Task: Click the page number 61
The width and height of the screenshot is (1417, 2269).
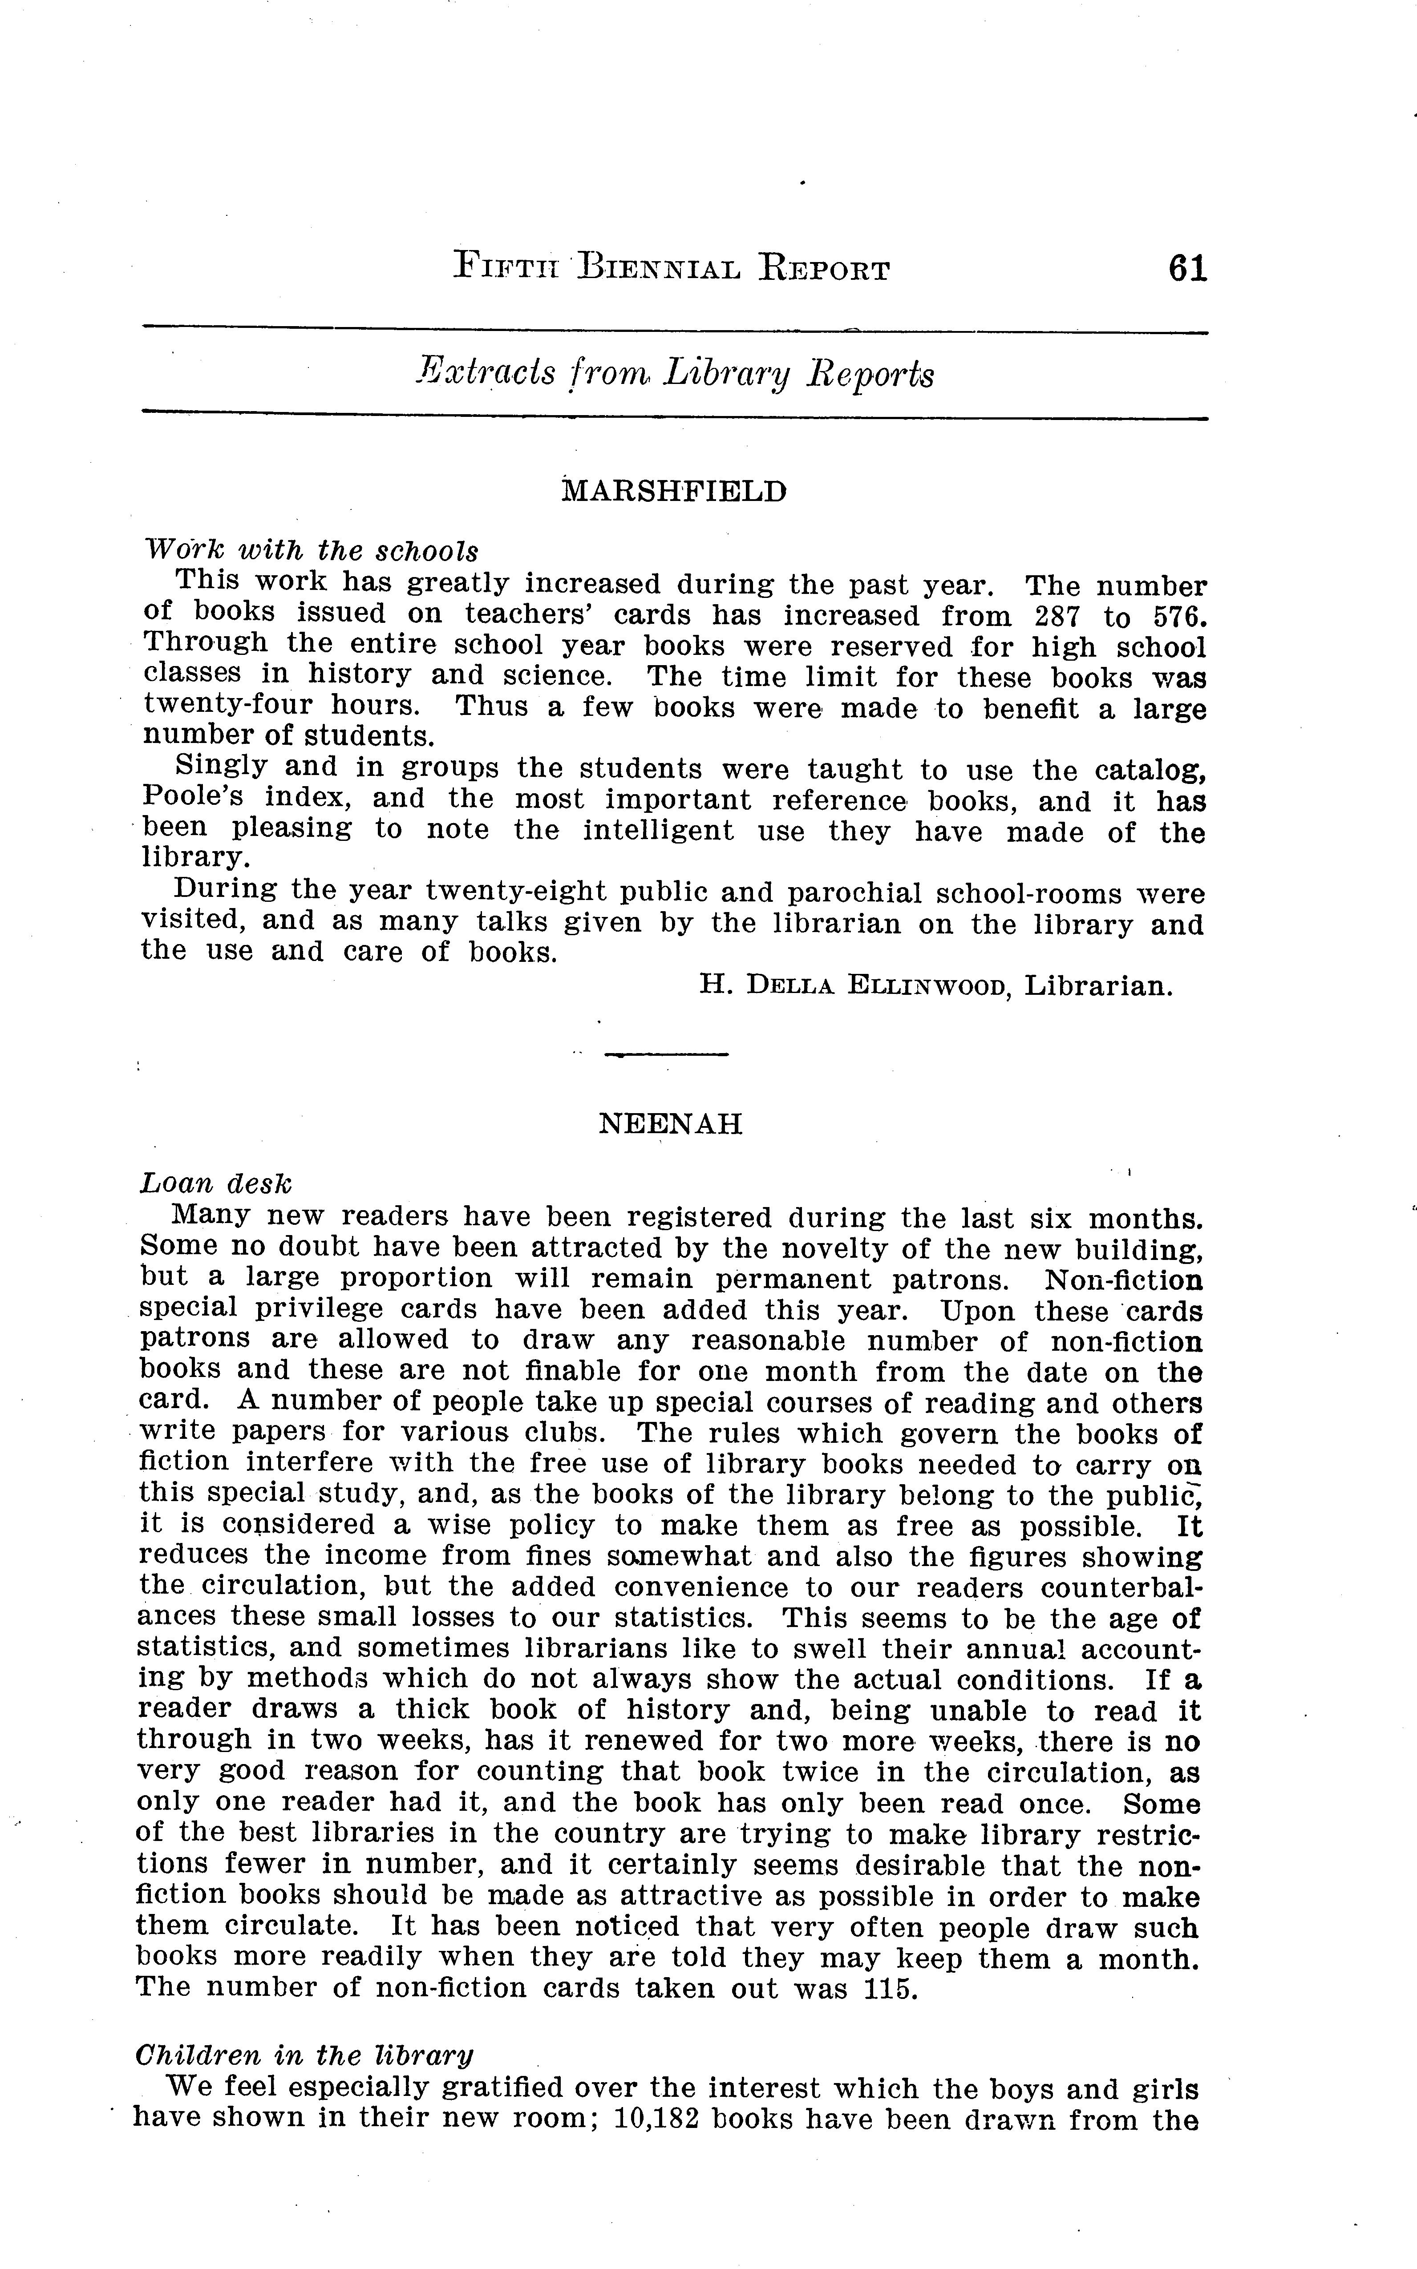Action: click(x=1187, y=269)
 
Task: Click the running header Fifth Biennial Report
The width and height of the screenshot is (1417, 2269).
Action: click(x=671, y=269)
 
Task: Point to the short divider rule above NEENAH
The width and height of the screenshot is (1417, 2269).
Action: click(x=666, y=1055)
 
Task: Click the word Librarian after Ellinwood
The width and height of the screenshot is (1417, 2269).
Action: click(x=1098, y=985)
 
